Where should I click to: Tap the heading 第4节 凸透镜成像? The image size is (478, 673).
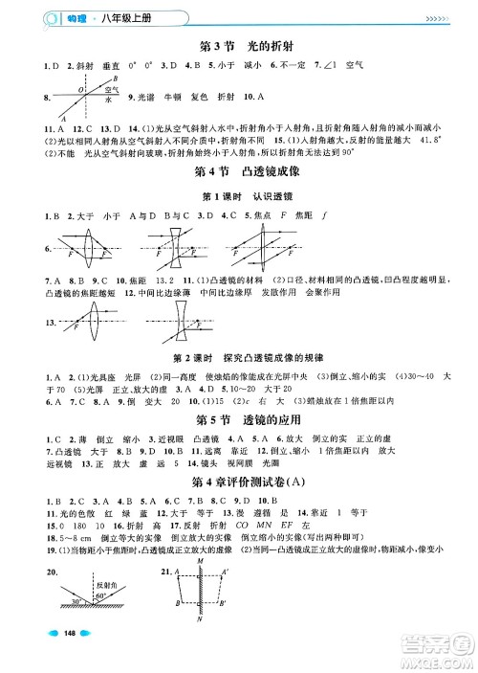[x=239, y=173]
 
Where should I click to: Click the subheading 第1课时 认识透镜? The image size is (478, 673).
[x=239, y=196]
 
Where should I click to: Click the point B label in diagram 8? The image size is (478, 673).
[x=114, y=78]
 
